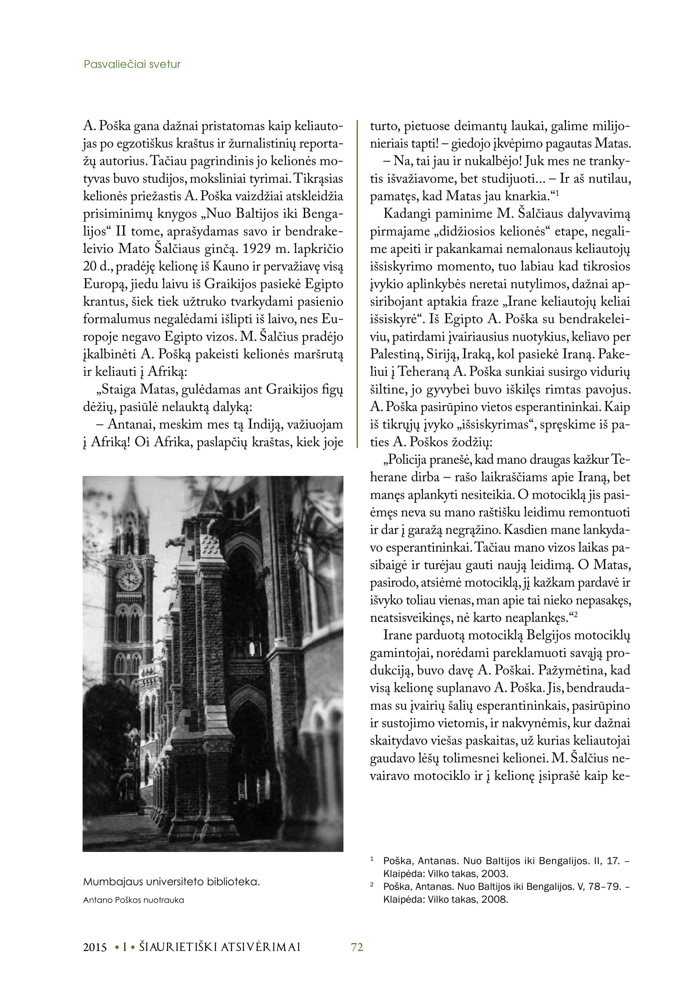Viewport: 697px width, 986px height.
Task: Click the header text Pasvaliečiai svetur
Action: coord(132,64)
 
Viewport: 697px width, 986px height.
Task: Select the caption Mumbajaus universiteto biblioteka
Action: coord(171,882)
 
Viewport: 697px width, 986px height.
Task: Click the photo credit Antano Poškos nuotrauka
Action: coord(134,900)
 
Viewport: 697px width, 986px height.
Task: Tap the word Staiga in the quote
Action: coord(117,390)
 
